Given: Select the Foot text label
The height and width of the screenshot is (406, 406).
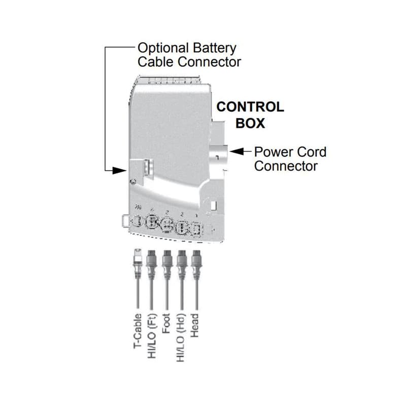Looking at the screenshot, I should (x=166, y=324).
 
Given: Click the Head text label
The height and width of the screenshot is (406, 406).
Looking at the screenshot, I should (x=196, y=323).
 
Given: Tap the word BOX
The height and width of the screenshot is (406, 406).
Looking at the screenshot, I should (x=251, y=123).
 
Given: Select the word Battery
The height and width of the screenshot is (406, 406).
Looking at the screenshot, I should (x=214, y=49).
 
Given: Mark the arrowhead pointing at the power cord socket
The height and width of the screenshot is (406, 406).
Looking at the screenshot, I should (x=233, y=151).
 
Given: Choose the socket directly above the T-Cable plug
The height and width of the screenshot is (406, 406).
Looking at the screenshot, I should (x=136, y=222).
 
